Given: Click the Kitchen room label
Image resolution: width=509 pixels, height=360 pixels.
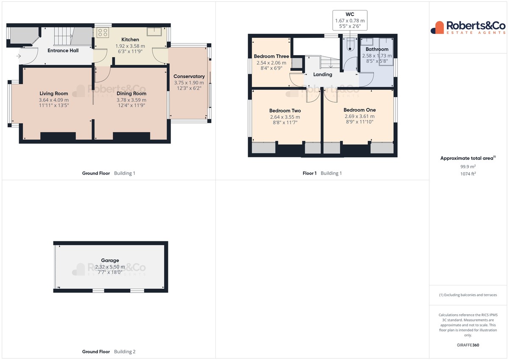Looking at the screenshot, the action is pyautogui.click(x=130, y=39).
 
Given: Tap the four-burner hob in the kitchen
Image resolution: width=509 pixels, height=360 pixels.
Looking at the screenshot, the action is pyautogui.click(x=103, y=33).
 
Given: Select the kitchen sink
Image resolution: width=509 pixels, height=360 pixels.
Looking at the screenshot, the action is pyautogui.click(x=154, y=31).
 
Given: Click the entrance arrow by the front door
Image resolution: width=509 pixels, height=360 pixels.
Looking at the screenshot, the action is pyautogui.click(x=19, y=56).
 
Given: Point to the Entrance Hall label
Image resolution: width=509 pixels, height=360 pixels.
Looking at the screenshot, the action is pyautogui.click(x=63, y=50).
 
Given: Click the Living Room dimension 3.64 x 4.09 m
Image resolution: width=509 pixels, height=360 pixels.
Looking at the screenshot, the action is pyautogui.click(x=53, y=100).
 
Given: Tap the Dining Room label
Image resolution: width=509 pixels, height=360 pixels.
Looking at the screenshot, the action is pyautogui.click(x=131, y=93).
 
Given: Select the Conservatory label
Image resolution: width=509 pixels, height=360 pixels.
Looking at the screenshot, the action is pyautogui.click(x=189, y=76).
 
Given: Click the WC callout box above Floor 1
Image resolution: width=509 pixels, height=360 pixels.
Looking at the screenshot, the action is pyautogui.click(x=350, y=20).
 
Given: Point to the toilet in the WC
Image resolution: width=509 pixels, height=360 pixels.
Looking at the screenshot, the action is pyautogui.click(x=350, y=45).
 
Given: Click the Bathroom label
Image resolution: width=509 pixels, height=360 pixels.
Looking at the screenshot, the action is pyautogui.click(x=377, y=49).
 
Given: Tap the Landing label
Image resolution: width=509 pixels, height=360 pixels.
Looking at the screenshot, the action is pyautogui.click(x=323, y=75).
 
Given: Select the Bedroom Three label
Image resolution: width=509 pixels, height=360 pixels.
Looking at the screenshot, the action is pyautogui.click(x=271, y=56).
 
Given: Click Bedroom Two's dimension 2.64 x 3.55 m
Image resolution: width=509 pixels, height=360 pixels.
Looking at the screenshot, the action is pyautogui.click(x=285, y=117).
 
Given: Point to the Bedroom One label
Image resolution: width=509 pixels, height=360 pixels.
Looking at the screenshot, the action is pyautogui.click(x=360, y=110).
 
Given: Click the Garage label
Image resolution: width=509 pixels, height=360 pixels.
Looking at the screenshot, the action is pyautogui.click(x=110, y=260).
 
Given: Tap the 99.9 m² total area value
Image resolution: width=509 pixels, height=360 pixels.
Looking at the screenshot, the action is pyautogui.click(x=468, y=167).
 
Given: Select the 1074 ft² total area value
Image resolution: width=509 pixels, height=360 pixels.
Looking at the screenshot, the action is pyautogui.click(x=468, y=174).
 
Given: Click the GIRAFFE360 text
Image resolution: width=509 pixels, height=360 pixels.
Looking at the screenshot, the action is pyautogui.click(x=468, y=345).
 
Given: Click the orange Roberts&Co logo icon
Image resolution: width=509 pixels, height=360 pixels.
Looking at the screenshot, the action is pyautogui.click(x=438, y=28).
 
